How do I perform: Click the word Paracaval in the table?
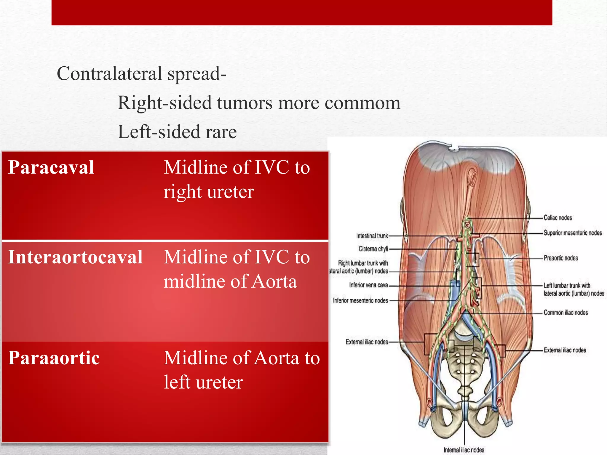(x=51, y=167)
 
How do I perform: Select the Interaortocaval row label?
(x=75, y=257)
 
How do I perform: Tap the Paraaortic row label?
(x=54, y=358)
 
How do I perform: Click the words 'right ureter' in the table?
(x=209, y=192)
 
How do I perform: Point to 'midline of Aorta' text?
(x=230, y=281)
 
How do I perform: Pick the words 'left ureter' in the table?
(x=203, y=382)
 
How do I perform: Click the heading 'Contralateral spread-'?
(x=141, y=73)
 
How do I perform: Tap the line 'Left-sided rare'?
(x=177, y=132)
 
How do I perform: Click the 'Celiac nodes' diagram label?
(x=558, y=218)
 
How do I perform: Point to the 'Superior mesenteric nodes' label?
(x=572, y=233)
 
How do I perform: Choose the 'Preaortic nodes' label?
(x=560, y=258)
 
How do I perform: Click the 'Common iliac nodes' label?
(x=566, y=313)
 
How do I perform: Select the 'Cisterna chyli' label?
(x=373, y=249)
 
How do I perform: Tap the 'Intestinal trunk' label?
(x=372, y=236)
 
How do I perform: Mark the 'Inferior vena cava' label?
(x=368, y=285)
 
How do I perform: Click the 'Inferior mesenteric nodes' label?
(x=360, y=301)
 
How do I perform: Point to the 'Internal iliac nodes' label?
(x=464, y=450)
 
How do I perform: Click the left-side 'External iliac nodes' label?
(x=367, y=342)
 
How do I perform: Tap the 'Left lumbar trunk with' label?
(x=567, y=286)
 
